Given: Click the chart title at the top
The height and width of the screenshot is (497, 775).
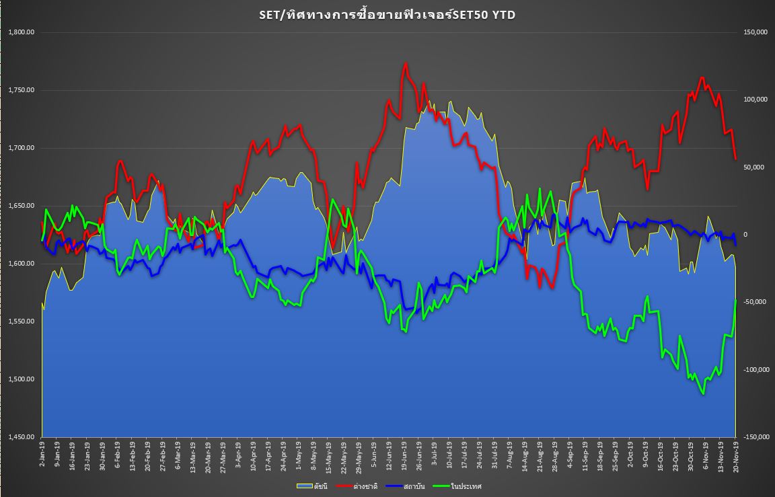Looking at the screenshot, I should tap(387, 15).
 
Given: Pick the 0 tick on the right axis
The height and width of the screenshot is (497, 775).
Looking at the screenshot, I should tap(745, 235).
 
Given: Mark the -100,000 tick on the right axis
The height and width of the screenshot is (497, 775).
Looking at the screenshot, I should tap(754, 370).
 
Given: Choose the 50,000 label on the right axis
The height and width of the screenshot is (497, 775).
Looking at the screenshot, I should tap(751, 167).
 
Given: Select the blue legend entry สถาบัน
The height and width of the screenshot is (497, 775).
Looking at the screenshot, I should tap(412, 486).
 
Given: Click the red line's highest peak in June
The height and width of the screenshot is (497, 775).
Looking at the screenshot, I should tap(406, 63).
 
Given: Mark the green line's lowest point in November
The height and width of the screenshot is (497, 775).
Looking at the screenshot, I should tap(703, 394).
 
